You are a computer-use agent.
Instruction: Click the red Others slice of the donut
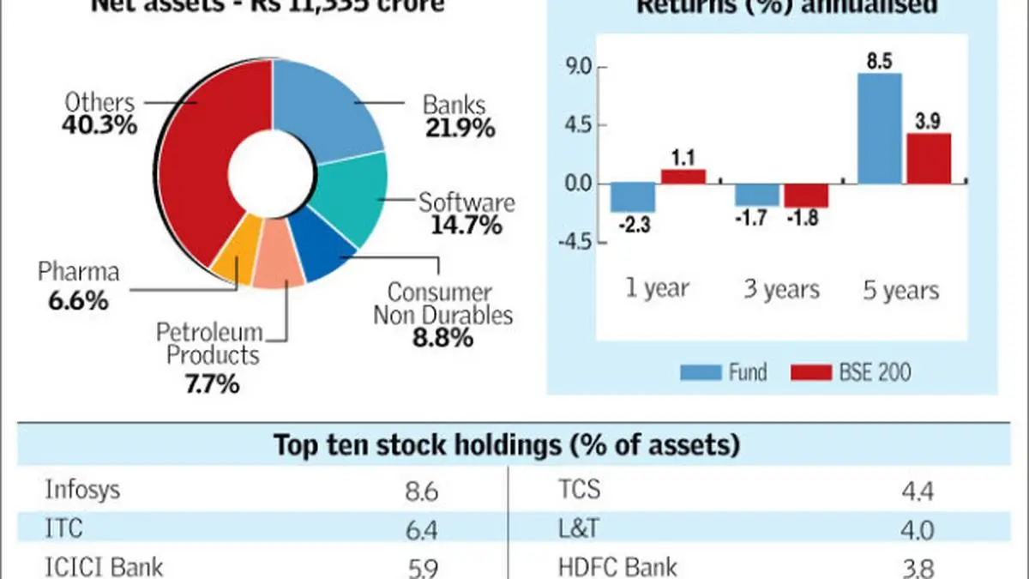[x=197, y=172]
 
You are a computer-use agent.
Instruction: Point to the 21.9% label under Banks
[x=459, y=130]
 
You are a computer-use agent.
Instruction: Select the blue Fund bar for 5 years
[x=879, y=129]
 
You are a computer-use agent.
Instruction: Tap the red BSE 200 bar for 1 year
[x=683, y=176]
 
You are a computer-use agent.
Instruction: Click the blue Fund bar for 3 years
[x=756, y=195]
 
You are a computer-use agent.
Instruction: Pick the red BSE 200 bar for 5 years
[x=929, y=158]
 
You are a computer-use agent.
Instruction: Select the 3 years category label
[x=780, y=290]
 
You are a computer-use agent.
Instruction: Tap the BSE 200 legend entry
[x=866, y=372]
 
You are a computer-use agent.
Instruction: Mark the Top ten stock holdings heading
[x=508, y=445]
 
